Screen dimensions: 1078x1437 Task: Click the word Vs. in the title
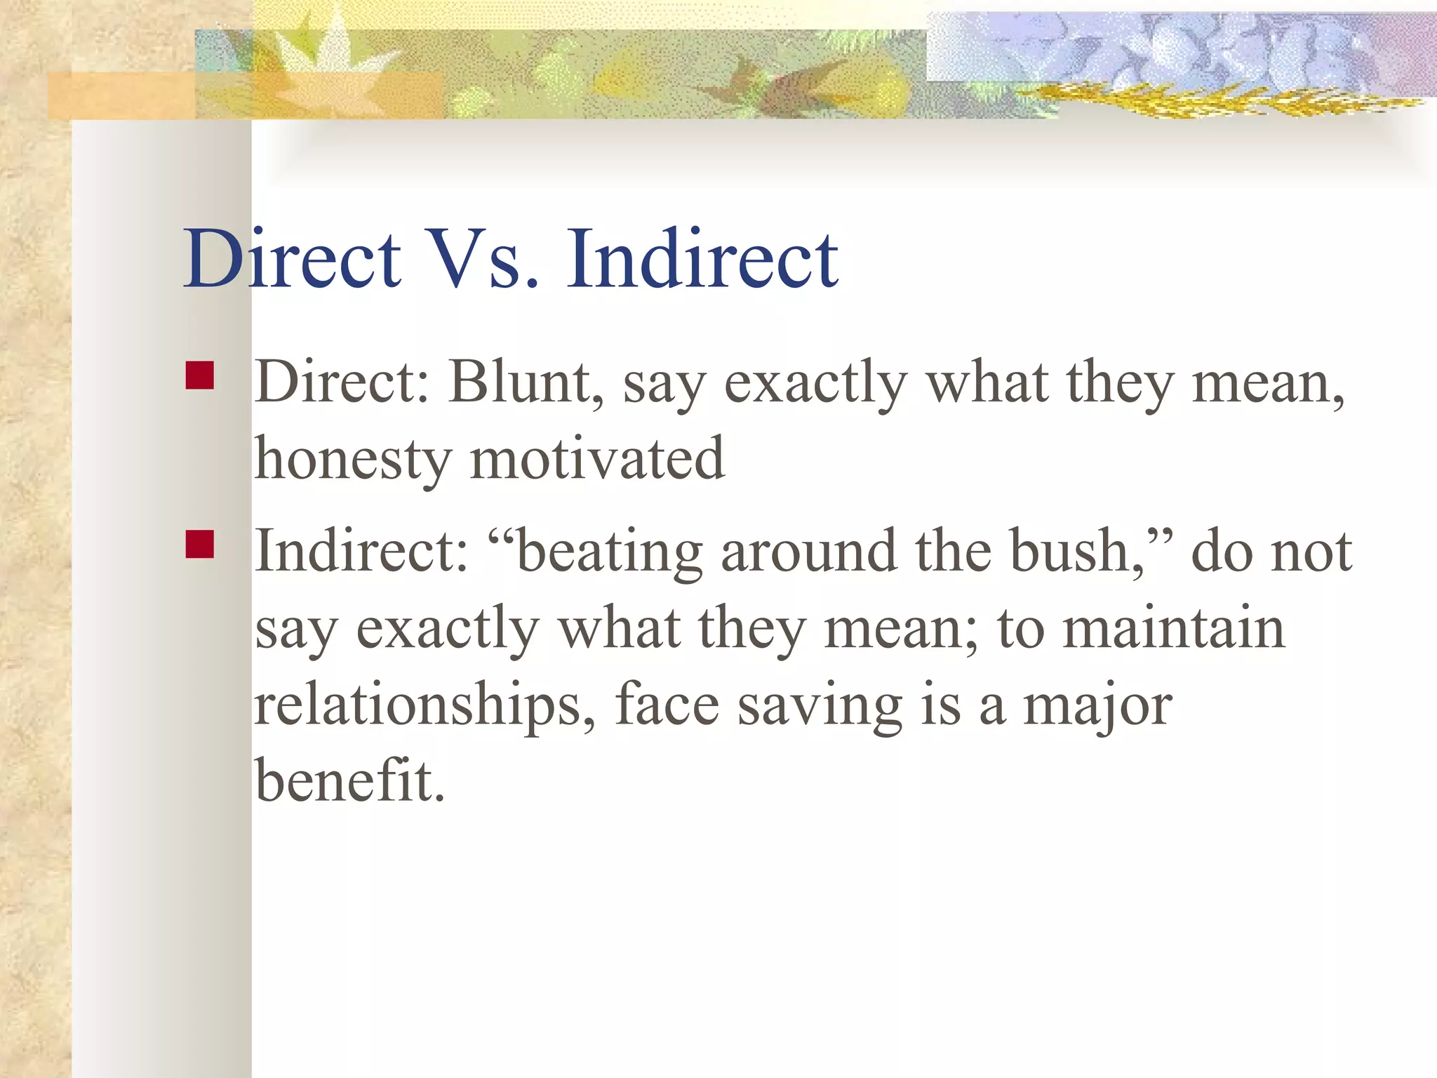pyautogui.click(x=484, y=260)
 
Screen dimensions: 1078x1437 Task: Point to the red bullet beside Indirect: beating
pyautogui.click(x=200, y=544)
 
